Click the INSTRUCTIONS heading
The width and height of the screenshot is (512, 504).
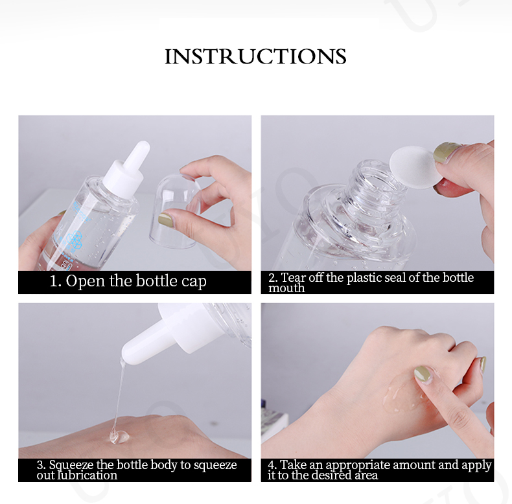coord(255,56)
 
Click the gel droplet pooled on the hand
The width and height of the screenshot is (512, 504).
coord(119,437)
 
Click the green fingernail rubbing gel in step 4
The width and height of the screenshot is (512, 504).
coord(423,374)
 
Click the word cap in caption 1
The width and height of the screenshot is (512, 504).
coord(194,281)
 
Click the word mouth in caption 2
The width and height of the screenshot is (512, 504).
coord(286,288)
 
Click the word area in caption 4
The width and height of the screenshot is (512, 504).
coord(366,475)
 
